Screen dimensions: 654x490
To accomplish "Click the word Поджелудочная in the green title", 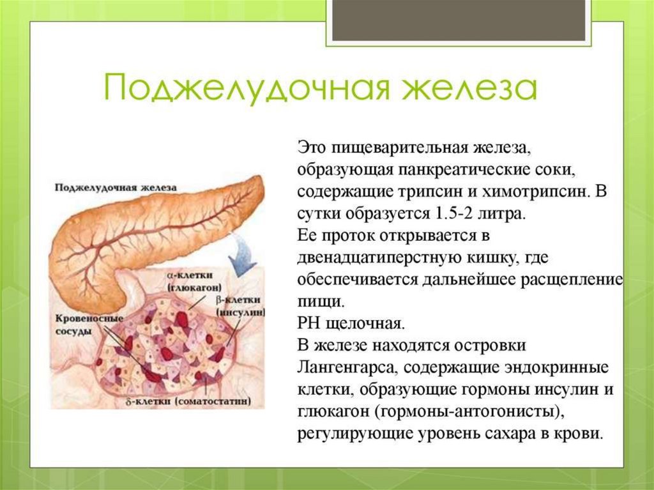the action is tap(246, 88).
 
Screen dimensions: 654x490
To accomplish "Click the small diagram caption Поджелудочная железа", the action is tap(116, 187).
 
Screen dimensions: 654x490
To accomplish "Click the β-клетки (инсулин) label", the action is tap(241, 306).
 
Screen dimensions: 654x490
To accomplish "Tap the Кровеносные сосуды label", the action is tap(89, 325).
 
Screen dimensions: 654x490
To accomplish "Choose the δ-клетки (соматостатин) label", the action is tap(188, 401).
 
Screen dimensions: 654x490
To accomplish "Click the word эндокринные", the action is tap(557, 368).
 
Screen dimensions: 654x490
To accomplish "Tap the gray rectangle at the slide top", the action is tap(459, 20).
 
